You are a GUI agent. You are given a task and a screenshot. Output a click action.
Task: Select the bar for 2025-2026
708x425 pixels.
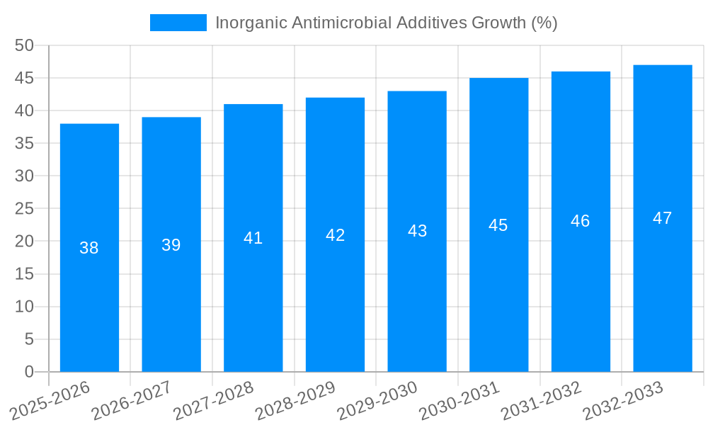(89, 247)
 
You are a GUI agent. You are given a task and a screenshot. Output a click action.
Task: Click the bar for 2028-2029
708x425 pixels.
(335, 234)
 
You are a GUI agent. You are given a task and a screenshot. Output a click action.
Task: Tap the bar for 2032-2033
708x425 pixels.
(662, 218)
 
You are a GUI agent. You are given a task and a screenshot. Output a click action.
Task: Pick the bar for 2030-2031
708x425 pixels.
(498, 225)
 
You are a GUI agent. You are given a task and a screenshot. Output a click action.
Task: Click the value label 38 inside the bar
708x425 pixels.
(89, 248)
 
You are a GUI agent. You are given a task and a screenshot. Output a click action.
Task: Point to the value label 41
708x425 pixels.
(253, 238)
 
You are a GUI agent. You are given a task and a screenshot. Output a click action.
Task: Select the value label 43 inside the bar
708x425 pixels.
(417, 231)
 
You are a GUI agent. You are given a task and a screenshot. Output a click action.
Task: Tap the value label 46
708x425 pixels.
(580, 221)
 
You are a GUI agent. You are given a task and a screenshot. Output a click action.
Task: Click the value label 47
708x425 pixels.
(662, 218)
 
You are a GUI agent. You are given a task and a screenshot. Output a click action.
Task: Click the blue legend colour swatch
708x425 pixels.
(178, 23)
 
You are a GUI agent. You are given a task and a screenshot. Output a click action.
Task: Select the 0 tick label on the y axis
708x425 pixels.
(29, 372)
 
